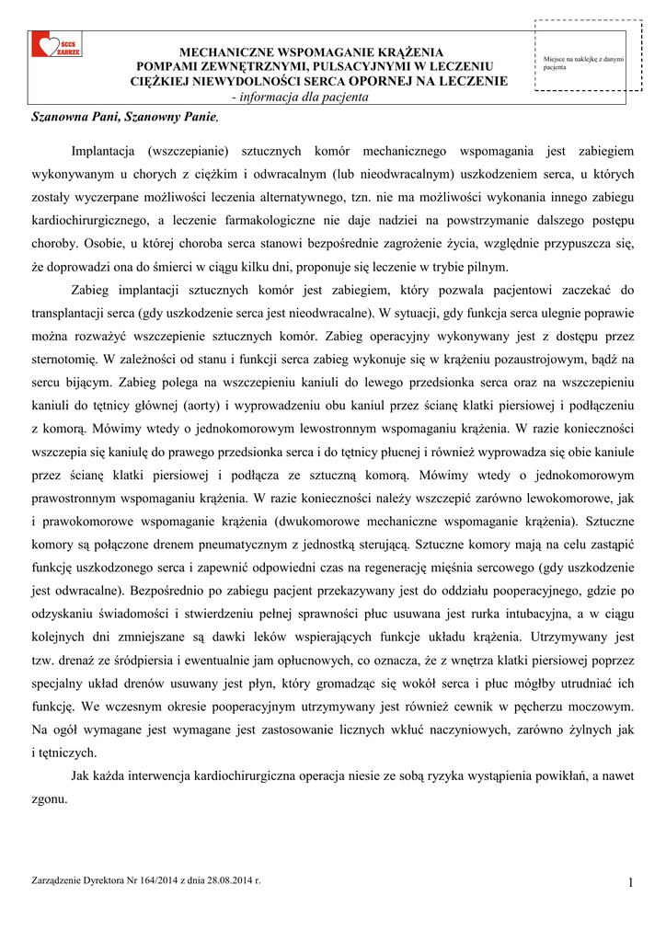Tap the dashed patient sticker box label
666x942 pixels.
(x=583, y=63)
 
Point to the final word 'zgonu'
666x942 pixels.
(x=48, y=798)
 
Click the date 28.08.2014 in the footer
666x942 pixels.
(x=230, y=880)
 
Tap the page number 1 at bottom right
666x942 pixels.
(x=631, y=884)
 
